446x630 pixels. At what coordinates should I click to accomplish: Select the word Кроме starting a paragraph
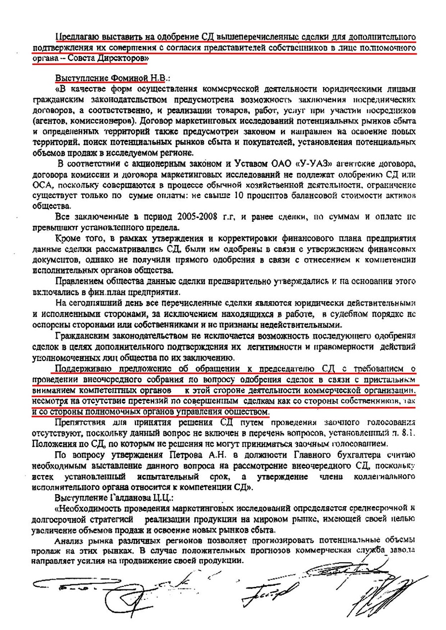(69, 240)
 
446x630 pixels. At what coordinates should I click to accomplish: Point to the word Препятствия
(81, 423)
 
